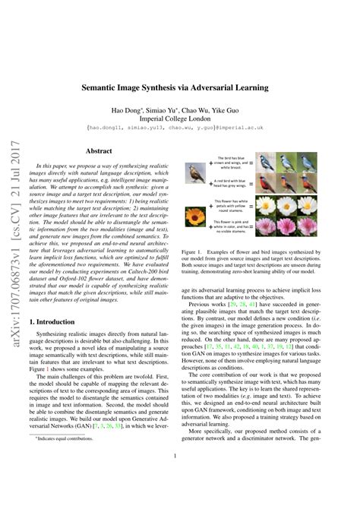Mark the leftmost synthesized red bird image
(267, 182)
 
